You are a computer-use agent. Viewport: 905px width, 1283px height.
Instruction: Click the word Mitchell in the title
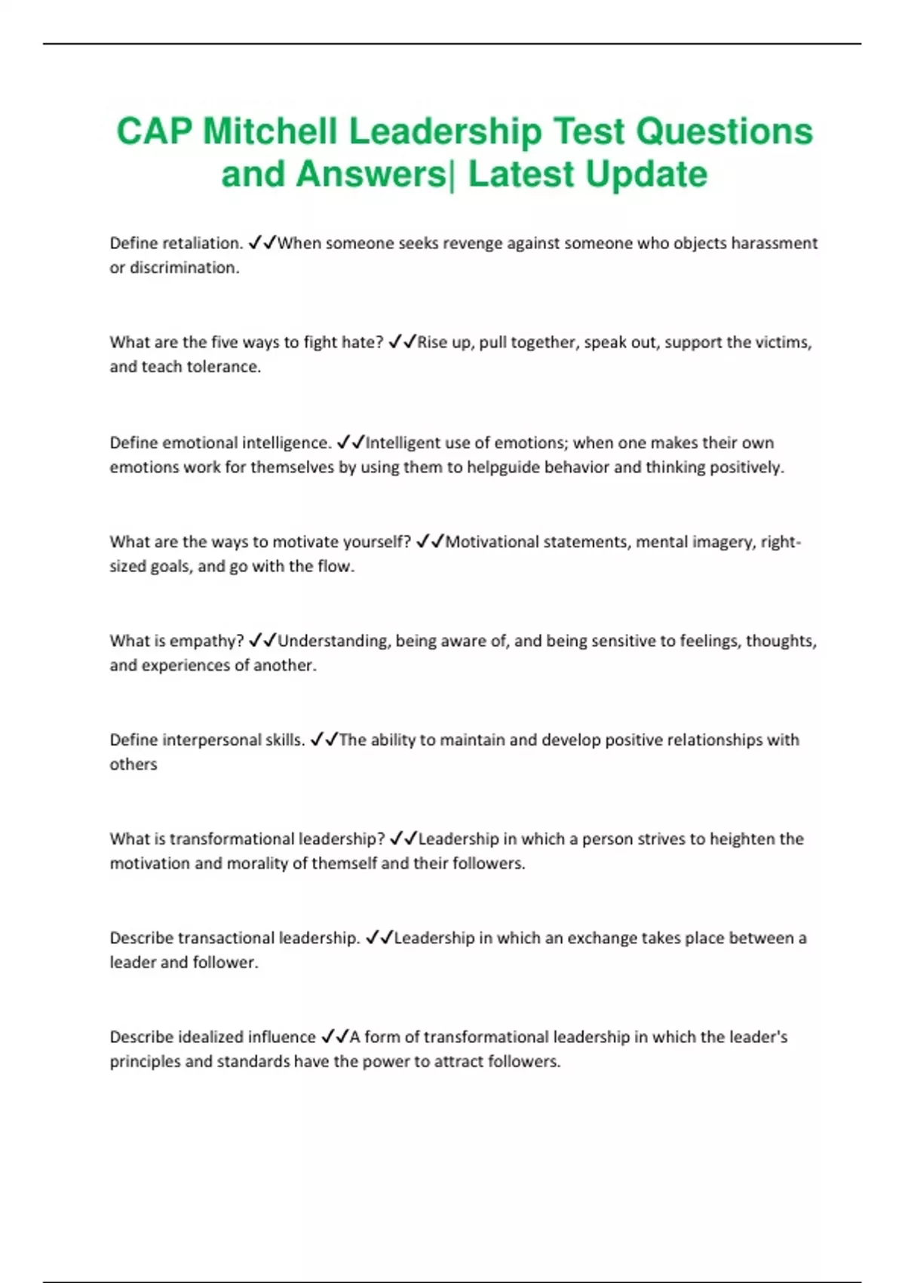click(x=269, y=131)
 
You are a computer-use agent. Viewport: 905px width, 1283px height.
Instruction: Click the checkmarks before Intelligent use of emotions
click(x=350, y=442)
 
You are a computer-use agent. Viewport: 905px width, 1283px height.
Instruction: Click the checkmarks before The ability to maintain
click(x=324, y=740)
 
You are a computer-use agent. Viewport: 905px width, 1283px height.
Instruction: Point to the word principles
click(x=145, y=1062)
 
